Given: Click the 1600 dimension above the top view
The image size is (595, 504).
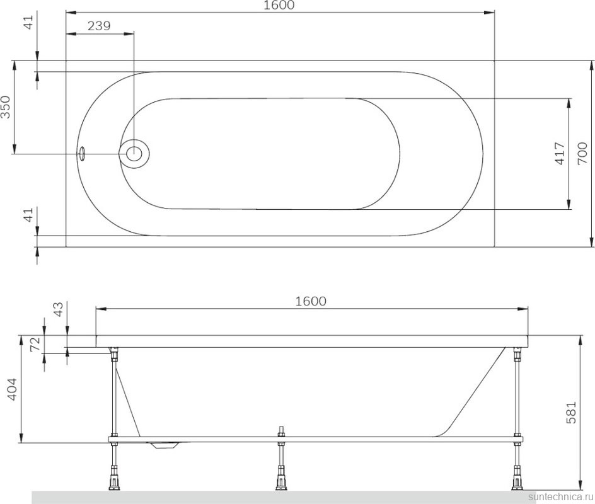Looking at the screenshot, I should click(x=280, y=5).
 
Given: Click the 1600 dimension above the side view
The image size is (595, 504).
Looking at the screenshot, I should click(x=311, y=301).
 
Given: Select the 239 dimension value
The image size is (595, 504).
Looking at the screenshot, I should click(x=99, y=26).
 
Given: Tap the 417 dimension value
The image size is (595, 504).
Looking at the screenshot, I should click(x=558, y=153).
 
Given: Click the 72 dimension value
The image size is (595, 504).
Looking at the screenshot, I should click(x=35, y=343).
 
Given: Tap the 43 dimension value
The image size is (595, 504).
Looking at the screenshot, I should click(x=58, y=309).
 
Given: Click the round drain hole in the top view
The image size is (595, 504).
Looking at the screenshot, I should click(x=134, y=153).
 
